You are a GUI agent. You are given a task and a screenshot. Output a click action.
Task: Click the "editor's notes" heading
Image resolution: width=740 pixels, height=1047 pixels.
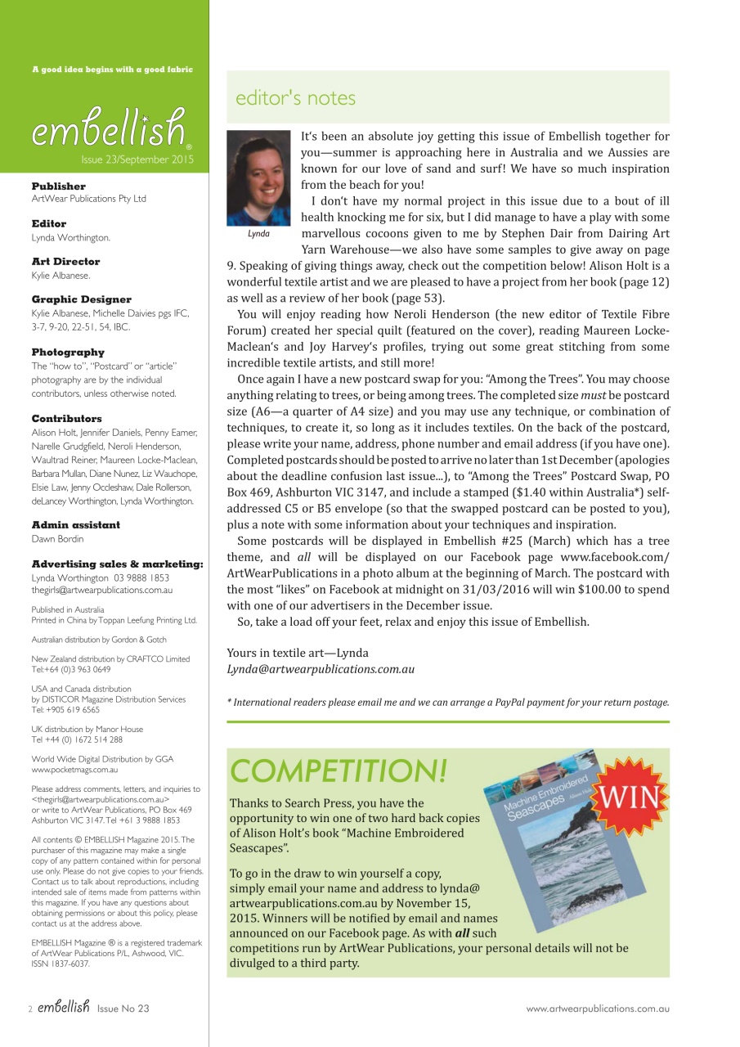(295, 98)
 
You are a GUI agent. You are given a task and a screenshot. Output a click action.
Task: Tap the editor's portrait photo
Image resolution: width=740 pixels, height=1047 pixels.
(259, 177)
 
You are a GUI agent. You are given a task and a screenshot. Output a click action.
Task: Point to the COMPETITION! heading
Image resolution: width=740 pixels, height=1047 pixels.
(339, 771)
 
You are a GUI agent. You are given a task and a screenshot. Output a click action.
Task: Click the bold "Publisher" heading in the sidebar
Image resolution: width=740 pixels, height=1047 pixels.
(58, 186)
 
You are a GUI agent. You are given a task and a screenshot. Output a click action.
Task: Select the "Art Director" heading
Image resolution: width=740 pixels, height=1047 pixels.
(65, 262)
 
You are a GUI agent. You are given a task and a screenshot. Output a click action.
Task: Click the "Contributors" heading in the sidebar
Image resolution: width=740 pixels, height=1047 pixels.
(66, 419)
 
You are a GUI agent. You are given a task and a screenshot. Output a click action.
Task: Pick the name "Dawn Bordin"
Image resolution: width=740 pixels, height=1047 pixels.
(57, 538)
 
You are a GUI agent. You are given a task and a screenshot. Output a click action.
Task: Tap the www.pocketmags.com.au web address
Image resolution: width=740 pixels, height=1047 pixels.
(74, 770)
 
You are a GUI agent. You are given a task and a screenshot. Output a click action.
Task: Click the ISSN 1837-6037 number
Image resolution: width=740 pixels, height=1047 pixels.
(61, 964)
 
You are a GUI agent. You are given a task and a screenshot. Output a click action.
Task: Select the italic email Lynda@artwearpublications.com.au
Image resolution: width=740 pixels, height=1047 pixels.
(321, 669)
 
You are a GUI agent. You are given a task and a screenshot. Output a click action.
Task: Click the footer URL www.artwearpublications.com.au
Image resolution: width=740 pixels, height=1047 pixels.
(598, 1009)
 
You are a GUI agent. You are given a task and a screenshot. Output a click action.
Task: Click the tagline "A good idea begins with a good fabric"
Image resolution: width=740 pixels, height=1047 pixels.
(112, 70)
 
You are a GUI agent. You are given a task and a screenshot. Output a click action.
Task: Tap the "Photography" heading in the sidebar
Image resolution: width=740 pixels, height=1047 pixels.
(67, 353)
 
